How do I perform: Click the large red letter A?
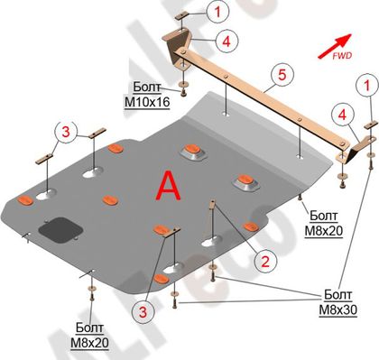tap(169, 186)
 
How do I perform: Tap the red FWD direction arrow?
tap(335, 46)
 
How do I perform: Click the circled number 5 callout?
tap(282, 75)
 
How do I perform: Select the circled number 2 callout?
tap(265, 262)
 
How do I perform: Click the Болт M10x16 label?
tap(147, 95)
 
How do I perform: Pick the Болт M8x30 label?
tap(337, 302)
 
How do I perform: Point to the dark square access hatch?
tap(60, 230)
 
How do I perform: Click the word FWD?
tap(342, 56)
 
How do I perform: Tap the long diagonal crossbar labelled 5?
tap(262, 99)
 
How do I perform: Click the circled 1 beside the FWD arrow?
tap(367, 86)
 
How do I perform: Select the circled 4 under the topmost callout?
tap(226, 41)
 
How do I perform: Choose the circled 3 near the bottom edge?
tap(143, 311)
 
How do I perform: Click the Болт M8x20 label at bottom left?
tap(89, 336)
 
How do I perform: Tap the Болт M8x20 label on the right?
tap(324, 224)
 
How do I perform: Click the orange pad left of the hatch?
tap(25, 200)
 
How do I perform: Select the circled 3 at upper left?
tap(66, 132)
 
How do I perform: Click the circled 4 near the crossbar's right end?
tap(343, 115)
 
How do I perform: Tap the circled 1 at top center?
tap(217, 12)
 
